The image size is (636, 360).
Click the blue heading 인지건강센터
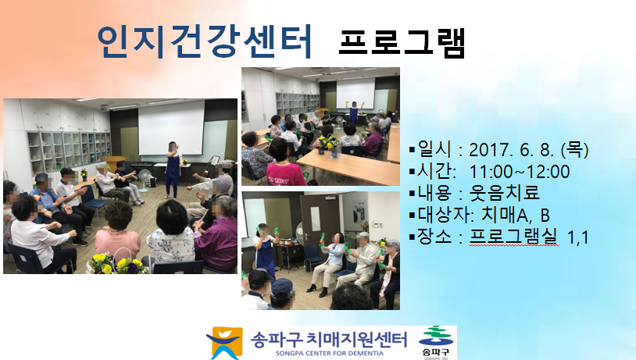point(205,41)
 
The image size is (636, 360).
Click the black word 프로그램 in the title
point(402,43)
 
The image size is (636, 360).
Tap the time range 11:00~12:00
point(519,172)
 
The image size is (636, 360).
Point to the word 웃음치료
point(504,194)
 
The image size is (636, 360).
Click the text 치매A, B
point(516,216)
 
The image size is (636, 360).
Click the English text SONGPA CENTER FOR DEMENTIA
point(330,353)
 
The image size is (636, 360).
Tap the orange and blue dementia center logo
point(225,343)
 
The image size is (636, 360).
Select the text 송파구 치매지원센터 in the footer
point(328,340)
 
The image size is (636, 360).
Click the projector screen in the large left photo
point(172,128)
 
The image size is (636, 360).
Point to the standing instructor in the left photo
point(173,169)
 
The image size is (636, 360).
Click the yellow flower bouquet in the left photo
point(117,263)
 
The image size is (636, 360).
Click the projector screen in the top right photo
point(356,93)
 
